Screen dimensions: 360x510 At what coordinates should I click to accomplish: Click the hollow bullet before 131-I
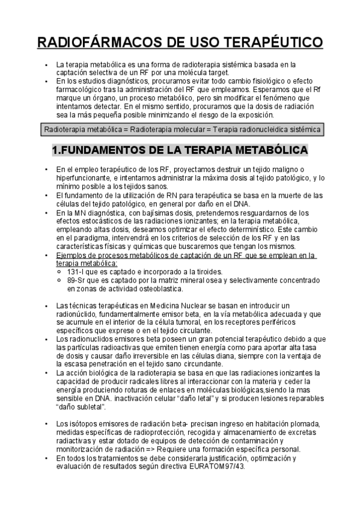[58, 271]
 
